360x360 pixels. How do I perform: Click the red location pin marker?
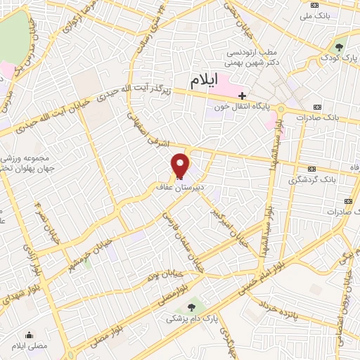pos(181,165)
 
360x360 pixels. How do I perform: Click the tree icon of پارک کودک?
pos(340,46)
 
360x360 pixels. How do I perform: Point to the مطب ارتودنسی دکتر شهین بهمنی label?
pos(252,58)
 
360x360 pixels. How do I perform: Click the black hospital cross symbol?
pos(243,95)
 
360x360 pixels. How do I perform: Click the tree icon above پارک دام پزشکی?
pos(192,307)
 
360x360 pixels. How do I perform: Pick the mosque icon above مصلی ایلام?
pos(30,334)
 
